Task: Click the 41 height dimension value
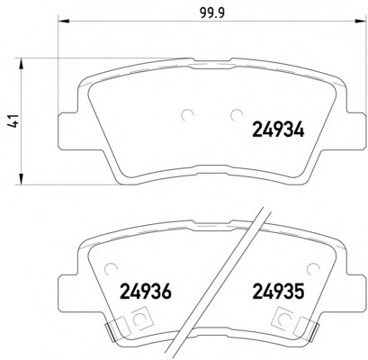pos(13,121)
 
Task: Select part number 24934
pos(279,130)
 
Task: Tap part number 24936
pos(146,291)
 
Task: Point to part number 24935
pos(279,291)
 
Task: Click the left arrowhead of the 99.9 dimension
pos(63,22)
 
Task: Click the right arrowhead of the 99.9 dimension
pos(361,22)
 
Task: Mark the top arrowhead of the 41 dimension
pos(22,64)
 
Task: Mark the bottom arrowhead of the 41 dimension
pos(22,178)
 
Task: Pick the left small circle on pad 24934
pos(188,114)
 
